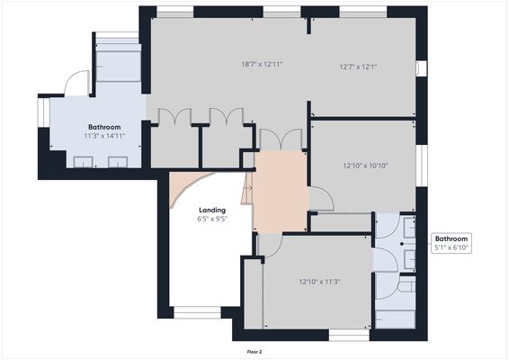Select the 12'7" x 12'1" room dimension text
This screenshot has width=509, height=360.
(358, 66)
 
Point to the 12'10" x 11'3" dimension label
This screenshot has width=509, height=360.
(318, 281)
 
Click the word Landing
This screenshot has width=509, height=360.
(211, 210)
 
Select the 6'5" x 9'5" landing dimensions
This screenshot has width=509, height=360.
(211, 219)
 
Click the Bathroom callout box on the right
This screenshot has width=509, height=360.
(451, 243)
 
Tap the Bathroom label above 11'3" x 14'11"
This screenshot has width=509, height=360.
(104, 128)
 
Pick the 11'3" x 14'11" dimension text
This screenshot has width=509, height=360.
(104, 137)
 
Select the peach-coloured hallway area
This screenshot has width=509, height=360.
(281, 191)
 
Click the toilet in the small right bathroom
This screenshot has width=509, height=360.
(406, 286)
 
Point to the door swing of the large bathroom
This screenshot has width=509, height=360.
(78, 83)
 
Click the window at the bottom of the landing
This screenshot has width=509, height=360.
(196, 313)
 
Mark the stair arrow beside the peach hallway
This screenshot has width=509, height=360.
(247, 189)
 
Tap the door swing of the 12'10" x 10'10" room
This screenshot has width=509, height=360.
(320, 199)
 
